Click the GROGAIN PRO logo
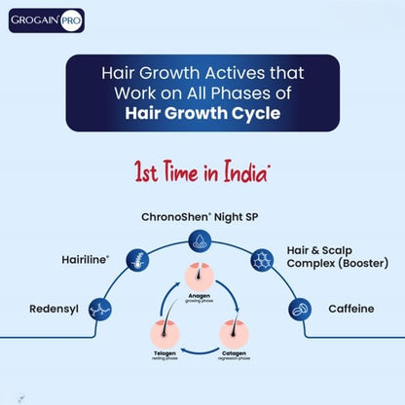[47, 20]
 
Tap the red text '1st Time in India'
[202, 172]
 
